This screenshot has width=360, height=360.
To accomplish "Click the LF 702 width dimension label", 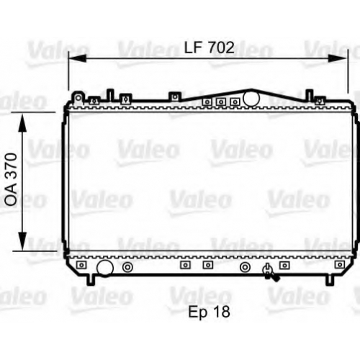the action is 209,48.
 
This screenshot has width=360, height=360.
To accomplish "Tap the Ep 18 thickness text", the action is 209,312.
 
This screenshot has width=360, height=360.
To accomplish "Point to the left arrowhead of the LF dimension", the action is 77,58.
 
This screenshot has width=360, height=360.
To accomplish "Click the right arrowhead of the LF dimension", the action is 338,58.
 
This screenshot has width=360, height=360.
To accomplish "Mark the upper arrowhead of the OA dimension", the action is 22,123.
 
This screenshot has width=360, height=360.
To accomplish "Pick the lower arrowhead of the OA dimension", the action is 22,241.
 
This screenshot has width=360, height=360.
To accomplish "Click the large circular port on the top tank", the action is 251,98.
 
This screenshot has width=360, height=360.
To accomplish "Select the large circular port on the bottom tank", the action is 105,268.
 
